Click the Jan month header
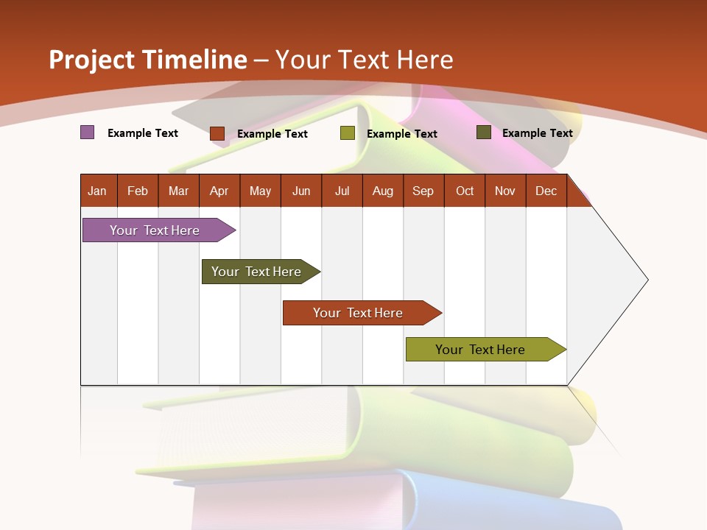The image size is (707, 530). click(x=97, y=191)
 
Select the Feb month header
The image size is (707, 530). click(x=138, y=191)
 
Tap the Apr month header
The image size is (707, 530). click(x=219, y=191)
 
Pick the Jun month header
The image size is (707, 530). click(x=301, y=191)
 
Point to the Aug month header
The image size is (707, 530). click(x=383, y=191)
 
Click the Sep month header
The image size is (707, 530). click(x=423, y=191)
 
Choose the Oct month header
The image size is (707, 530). click(x=465, y=191)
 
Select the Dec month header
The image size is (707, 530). click(x=546, y=191)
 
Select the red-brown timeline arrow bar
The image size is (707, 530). click(x=359, y=313)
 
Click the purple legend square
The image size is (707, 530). click(x=88, y=132)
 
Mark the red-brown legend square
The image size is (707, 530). click(x=217, y=133)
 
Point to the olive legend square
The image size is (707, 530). click(x=348, y=133)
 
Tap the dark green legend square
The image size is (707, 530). click(x=484, y=132)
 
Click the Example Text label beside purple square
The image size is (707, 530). click(x=143, y=133)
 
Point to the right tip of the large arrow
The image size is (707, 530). click(x=647, y=280)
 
